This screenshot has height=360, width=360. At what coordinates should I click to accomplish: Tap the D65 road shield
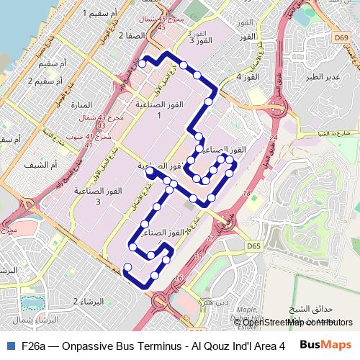click(253, 246)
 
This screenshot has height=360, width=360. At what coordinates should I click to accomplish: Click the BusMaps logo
click(327, 346)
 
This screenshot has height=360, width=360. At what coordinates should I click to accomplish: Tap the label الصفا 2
click(117, 34)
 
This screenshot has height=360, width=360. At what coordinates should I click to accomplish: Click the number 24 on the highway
click(273, 135)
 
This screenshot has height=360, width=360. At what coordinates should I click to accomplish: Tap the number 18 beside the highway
click(248, 194)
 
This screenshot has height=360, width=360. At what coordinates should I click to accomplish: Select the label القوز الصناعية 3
click(98, 196)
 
